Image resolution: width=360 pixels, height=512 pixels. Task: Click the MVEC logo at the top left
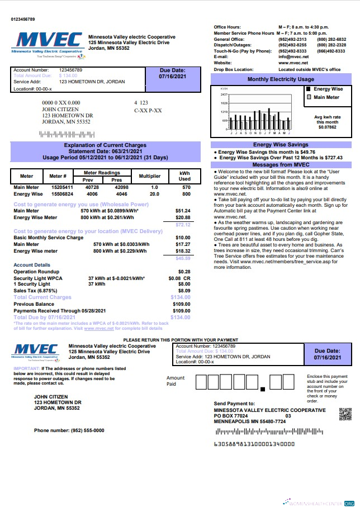pos(48,44)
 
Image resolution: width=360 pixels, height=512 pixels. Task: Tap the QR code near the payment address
pos(345,415)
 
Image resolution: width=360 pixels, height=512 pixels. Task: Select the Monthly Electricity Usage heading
pos(281,79)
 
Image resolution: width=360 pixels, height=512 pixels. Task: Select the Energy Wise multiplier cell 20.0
pos(154,194)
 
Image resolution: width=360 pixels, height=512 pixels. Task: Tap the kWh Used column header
pos(184,176)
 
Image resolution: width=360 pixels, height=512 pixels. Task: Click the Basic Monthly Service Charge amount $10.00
pos(182,238)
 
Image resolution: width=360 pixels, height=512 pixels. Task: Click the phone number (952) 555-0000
pos(69,431)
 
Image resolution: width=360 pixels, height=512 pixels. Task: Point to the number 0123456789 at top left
pos(26,20)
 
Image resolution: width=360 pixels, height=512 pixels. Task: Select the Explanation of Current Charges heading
pos(105,145)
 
